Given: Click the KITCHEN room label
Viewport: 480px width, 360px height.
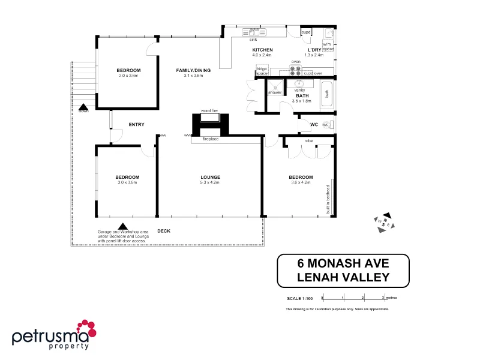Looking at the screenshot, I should [x=262, y=49].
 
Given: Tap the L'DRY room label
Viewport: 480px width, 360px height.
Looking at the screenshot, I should [x=315, y=49].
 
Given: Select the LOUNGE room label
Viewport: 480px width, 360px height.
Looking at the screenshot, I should [x=210, y=177].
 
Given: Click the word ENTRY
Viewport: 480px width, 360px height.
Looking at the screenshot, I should [x=136, y=125].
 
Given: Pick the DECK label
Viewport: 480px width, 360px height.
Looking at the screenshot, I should [x=163, y=230].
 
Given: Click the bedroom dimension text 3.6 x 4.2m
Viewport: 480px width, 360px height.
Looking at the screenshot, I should [x=300, y=182].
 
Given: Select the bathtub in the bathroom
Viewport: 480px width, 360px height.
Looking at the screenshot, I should [x=327, y=94].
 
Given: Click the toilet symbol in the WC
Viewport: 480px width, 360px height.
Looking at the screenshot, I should [x=328, y=125].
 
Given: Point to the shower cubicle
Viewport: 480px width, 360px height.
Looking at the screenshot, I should [x=275, y=88].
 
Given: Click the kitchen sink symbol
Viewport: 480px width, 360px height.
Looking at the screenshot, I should [x=254, y=32].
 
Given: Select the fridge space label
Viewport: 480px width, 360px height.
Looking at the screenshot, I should [x=262, y=71].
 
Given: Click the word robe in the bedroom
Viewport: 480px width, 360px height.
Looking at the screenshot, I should [x=308, y=141].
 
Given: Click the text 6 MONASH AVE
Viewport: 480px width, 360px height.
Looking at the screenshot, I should [x=343, y=263].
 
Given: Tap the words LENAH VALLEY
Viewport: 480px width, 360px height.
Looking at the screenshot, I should [x=343, y=277].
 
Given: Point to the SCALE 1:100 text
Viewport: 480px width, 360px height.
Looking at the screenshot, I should [x=300, y=298].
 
